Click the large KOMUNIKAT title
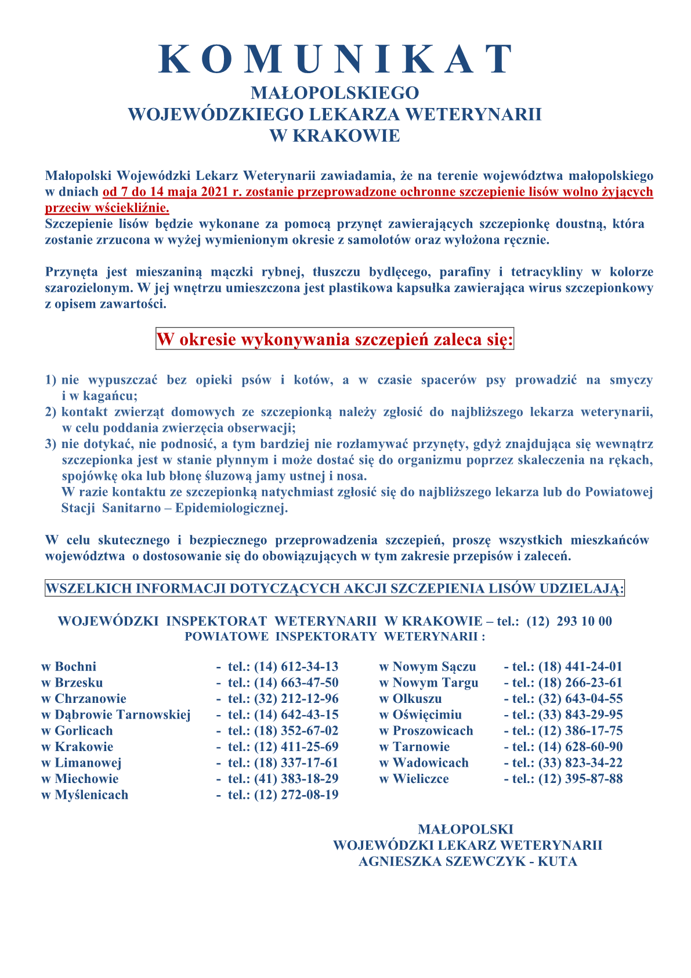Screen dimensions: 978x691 [x=335, y=59]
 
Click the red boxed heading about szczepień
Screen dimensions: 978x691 [x=335, y=340]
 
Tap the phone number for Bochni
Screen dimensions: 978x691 [x=296, y=667]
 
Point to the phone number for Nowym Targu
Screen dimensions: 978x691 [x=580, y=683]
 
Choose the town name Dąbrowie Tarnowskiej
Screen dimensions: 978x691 [x=122, y=715]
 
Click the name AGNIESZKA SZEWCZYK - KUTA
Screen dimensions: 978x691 [x=468, y=861]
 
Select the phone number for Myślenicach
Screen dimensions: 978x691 [x=296, y=795]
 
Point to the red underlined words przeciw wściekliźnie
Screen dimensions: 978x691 [x=107, y=208]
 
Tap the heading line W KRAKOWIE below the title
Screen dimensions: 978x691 [x=335, y=136]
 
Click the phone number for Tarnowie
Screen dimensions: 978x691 [x=580, y=747]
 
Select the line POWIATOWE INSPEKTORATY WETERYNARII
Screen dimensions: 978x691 [x=335, y=636]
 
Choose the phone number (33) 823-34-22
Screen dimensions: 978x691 [x=580, y=763]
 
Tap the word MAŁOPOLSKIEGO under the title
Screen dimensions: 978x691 [x=335, y=93]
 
